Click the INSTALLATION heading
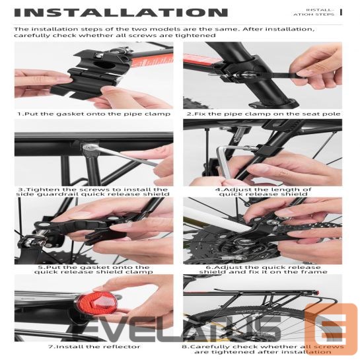[x=120, y=12]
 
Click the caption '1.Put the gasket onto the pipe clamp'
[x=94, y=114]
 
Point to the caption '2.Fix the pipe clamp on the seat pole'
[x=263, y=114]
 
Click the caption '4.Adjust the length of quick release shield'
[x=263, y=192]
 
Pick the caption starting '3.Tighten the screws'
[x=94, y=192]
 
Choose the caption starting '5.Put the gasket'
[x=94, y=269]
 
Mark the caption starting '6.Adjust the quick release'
[x=263, y=269]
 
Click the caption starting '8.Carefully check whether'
[x=263, y=349]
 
